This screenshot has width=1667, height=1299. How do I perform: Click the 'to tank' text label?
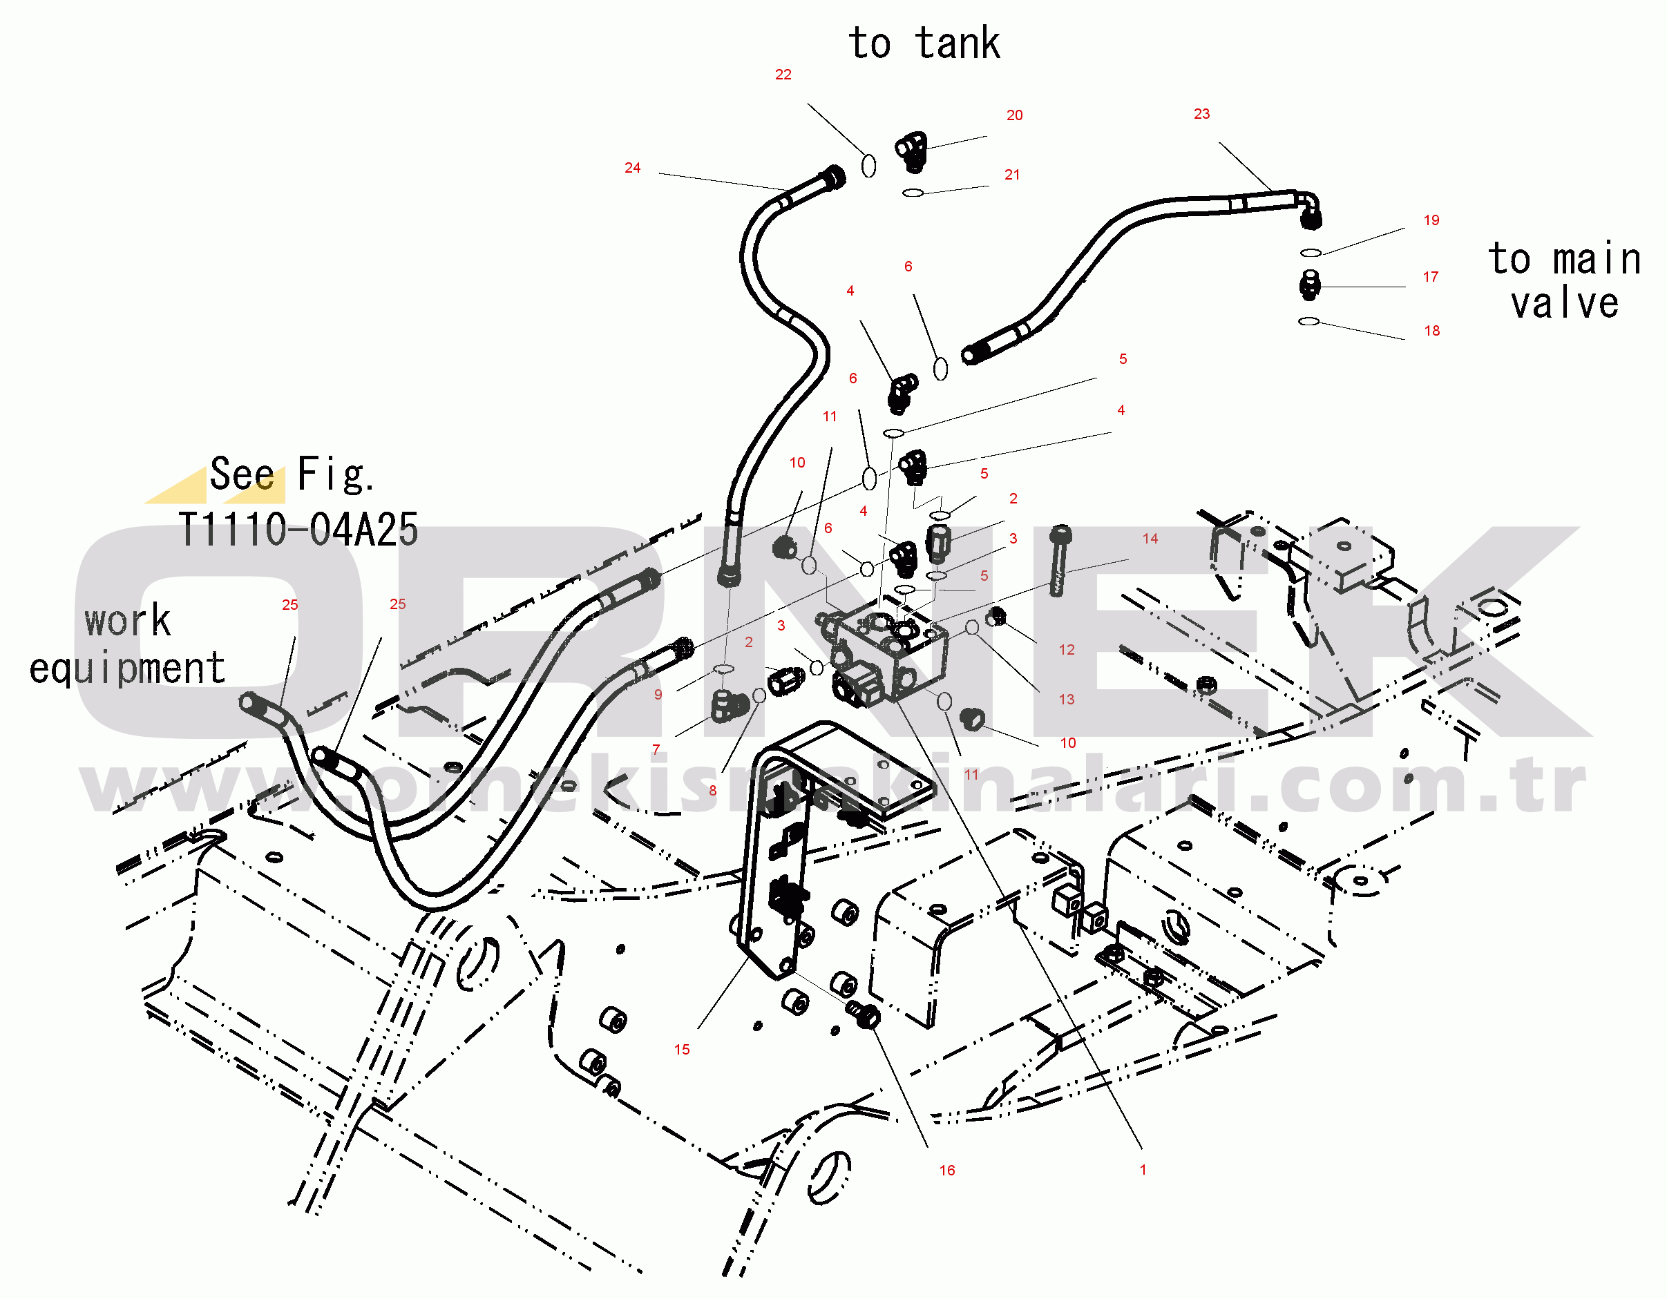(924, 43)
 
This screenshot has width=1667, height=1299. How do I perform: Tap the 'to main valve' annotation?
(1565, 281)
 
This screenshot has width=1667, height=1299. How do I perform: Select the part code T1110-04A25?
(298, 530)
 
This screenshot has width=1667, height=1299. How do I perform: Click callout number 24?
(633, 168)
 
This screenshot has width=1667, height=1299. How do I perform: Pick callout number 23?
(1202, 114)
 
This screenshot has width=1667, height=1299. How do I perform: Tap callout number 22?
(783, 74)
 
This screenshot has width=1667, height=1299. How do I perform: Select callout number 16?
(947, 1171)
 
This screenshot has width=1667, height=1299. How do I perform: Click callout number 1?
(1143, 1170)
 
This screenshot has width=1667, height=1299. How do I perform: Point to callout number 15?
(682, 1050)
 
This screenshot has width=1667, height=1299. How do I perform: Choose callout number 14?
(1150, 539)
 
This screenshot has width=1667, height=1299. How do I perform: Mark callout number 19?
(1432, 220)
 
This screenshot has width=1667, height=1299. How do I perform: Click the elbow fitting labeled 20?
(911, 152)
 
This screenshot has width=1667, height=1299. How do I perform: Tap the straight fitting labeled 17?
(1310, 285)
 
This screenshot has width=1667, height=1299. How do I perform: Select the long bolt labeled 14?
(1060, 561)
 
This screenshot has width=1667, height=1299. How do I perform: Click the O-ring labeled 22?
(868, 166)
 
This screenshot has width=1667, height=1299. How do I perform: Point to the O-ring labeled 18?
(1309, 321)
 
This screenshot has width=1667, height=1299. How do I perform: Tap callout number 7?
(656, 750)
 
